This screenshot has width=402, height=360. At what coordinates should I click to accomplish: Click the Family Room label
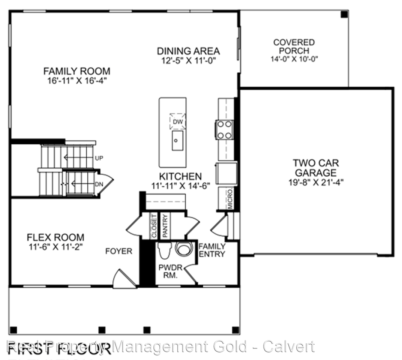coord(77,71)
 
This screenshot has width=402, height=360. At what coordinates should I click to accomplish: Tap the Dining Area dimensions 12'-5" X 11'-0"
coord(188,60)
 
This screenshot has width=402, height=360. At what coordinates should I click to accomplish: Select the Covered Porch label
coord(294,46)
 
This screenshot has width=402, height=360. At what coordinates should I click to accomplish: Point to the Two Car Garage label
coord(316,168)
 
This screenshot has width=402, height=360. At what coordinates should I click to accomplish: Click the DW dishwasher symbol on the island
coord(177,121)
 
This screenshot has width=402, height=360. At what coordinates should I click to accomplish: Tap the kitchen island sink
coord(177,140)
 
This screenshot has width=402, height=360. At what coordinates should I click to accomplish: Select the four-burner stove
coord(224,130)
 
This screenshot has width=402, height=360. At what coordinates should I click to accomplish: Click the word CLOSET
coord(153,226)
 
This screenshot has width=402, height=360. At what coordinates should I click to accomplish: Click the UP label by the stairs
coord(99,158)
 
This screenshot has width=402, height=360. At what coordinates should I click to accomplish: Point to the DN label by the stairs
coord(99,184)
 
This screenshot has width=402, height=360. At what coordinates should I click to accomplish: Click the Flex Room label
coord(55,237)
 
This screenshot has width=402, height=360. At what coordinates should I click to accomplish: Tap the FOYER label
coord(118,251)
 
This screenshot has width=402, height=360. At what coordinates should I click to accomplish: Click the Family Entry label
coord(212,250)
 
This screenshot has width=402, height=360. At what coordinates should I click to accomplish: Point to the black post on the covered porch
coord(344,15)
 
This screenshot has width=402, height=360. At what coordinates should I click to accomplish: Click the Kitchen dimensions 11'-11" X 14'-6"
coord(180,185)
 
